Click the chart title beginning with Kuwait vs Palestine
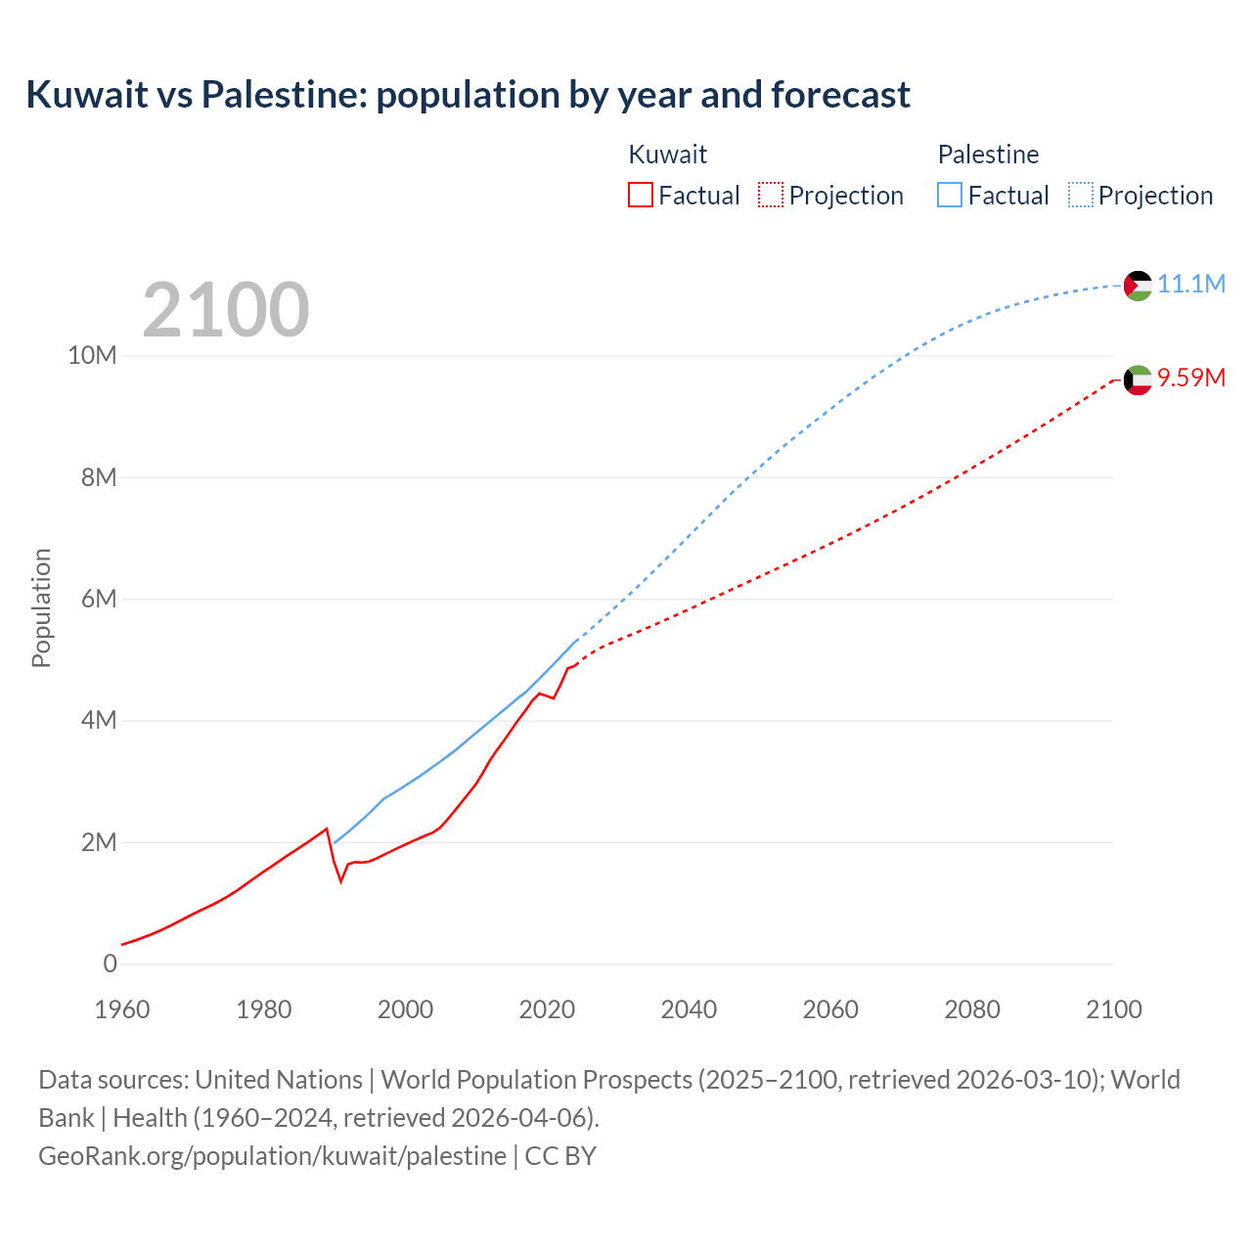468,95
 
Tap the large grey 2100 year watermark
226,310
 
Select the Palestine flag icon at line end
1138,286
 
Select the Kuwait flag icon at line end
1138,380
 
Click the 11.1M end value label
1191,285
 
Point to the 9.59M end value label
1191,379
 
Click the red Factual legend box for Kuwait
641,196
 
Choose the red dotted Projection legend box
771,196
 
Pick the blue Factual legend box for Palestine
950,196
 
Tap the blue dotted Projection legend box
1081,196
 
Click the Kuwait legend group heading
667,155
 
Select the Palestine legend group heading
988,155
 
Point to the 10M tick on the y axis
92,356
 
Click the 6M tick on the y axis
98,599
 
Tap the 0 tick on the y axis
110,963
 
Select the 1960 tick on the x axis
122,1009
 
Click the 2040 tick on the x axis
689,1009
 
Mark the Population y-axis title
41,607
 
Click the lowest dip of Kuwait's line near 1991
341,881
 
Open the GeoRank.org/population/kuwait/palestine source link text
272,1156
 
